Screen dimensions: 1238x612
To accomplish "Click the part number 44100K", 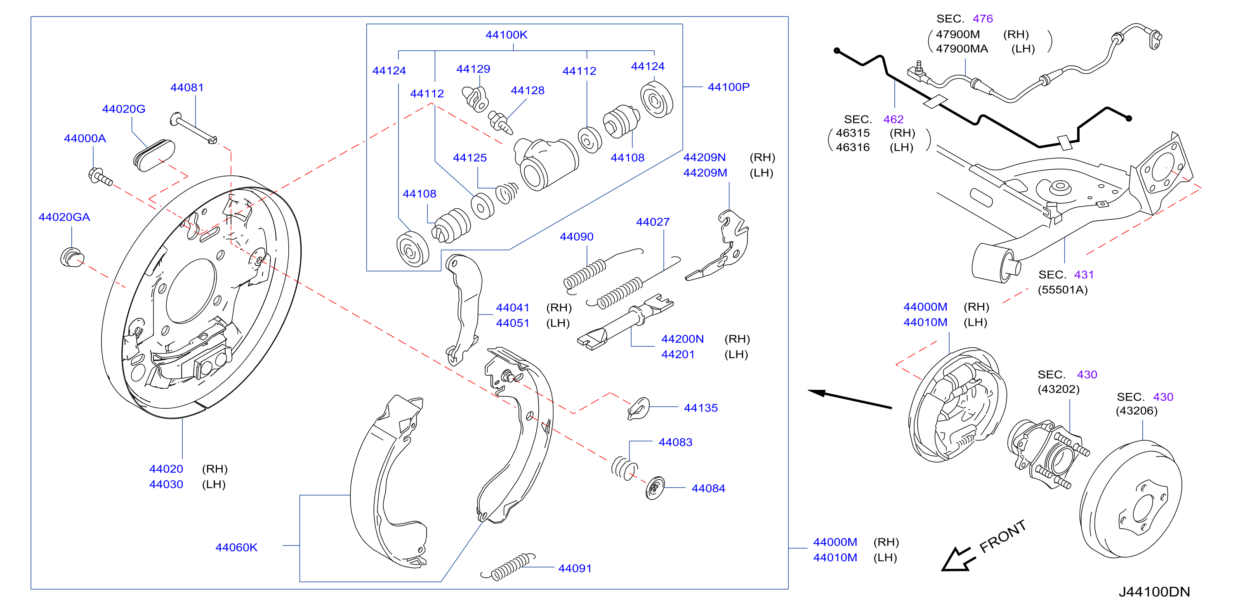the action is pyautogui.click(x=506, y=35).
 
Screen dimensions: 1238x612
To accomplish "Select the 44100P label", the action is pyautogui.click(x=729, y=87).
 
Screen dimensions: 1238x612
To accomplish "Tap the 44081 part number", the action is pyautogui.click(x=187, y=87).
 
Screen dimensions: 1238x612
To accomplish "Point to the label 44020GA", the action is pyautogui.click(x=64, y=217).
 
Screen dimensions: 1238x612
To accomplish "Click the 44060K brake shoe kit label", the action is pyautogui.click(x=236, y=547).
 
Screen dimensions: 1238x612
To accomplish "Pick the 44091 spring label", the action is pyautogui.click(x=575, y=568).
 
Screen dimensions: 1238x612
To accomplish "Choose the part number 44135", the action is pyautogui.click(x=701, y=408).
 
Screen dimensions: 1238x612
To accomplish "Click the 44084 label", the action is pyautogui.click(x=708, y=489).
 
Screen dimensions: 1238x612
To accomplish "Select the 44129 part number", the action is pyautogui.click(x=474, y=69).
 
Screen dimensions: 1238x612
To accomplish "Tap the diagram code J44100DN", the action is pyautogui.click(x=1154, y=592).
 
